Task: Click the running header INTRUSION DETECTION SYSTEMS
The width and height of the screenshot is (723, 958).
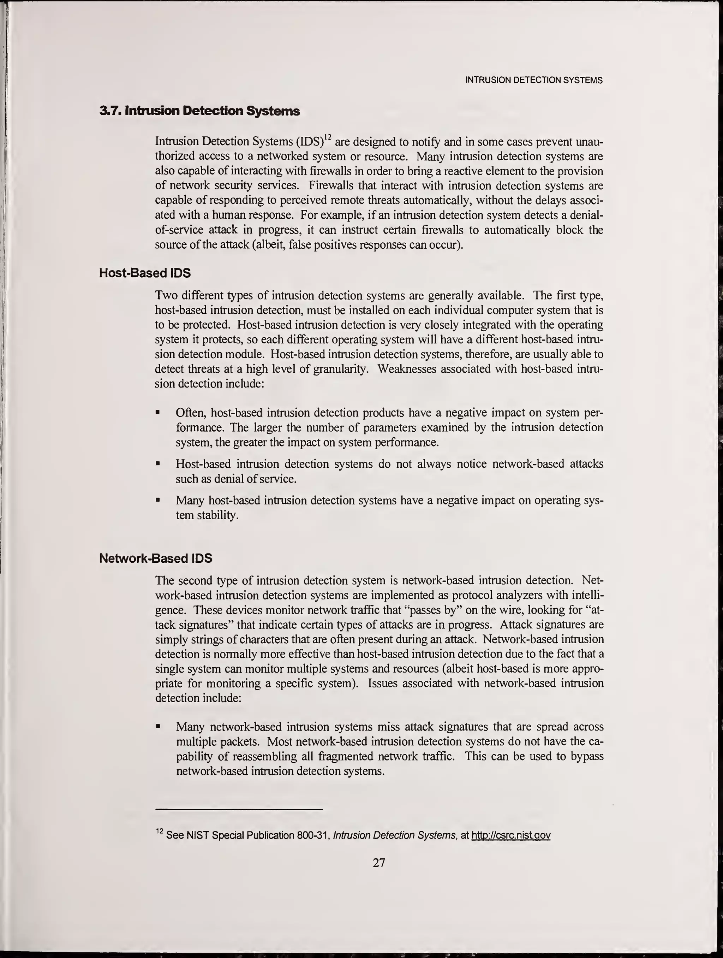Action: (533, 80)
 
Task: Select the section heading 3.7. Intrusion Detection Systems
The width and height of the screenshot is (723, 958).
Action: (199, 111)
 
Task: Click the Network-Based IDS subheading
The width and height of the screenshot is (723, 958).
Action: (156, 558)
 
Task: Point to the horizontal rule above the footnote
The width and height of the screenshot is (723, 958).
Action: (239, 809)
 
